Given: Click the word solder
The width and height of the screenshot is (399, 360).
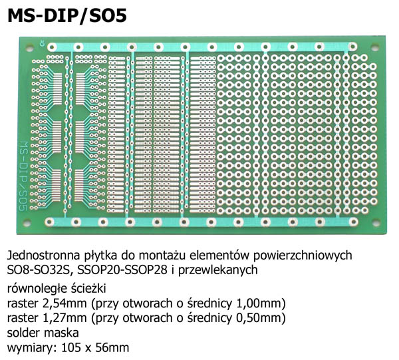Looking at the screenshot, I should coord(25,332).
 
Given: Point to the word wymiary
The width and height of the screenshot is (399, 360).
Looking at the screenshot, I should coord(28,347).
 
